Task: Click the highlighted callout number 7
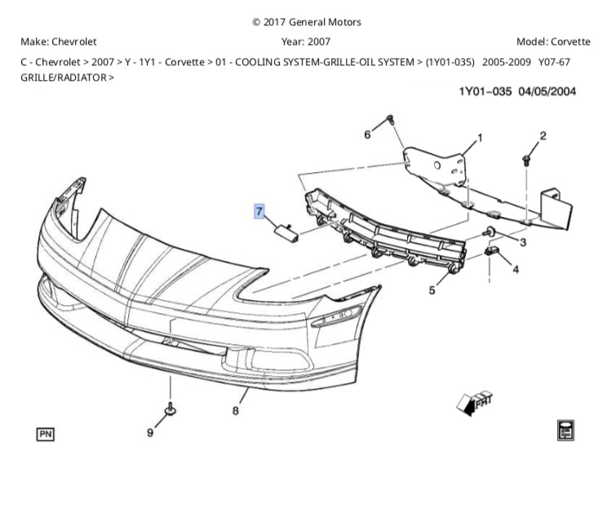(x=259, y=212)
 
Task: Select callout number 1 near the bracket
(x=480, y=137)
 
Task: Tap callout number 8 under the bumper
(x=235, y=410)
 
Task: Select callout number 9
(x=150, y=432)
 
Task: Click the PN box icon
(x=45, y=434)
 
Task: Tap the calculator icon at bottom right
(x=564, y=430)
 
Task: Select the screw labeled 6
(x=390, y=121)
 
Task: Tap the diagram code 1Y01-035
(x=485, y=91)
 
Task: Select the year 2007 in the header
(x=317, y=42)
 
